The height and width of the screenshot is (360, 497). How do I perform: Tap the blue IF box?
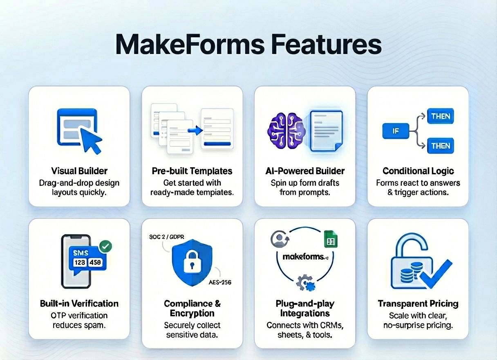(396, 131)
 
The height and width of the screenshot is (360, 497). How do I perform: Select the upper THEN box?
(441, 117)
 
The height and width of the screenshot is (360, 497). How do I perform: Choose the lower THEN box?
(441, 146)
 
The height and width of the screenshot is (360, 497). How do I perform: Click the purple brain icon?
(285, 130)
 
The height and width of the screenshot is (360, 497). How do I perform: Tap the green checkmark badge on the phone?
(105, 246)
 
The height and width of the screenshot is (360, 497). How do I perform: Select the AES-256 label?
(220, 282)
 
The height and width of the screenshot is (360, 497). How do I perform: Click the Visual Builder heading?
(79, 171)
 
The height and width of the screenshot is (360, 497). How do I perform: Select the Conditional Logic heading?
(418, 171)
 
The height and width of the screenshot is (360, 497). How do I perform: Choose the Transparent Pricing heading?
(418, 304)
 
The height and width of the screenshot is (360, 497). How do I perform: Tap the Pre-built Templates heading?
(192, 171)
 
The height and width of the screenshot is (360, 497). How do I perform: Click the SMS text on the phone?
(81, 253)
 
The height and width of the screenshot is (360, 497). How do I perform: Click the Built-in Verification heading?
(79, 304)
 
